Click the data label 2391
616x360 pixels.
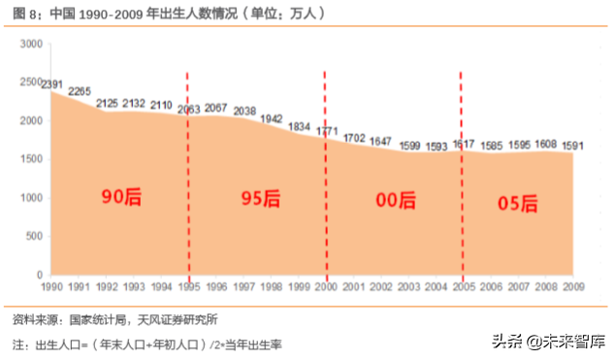[52, 84]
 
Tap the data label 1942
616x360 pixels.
[272, 117]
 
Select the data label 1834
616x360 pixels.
[299, 126]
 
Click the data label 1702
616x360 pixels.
[354, 138]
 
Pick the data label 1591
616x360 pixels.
[572, 147]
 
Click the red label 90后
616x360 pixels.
[122, 197]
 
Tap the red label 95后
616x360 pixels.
[260, 199]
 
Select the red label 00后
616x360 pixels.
[395, 201]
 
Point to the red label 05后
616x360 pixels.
[518, 203]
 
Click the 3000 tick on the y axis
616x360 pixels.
[32, 44]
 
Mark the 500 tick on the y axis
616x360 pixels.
[35, 236]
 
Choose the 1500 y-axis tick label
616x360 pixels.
[32, 159]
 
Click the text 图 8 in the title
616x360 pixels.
[24, 14]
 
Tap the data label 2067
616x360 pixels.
[216, 108]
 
